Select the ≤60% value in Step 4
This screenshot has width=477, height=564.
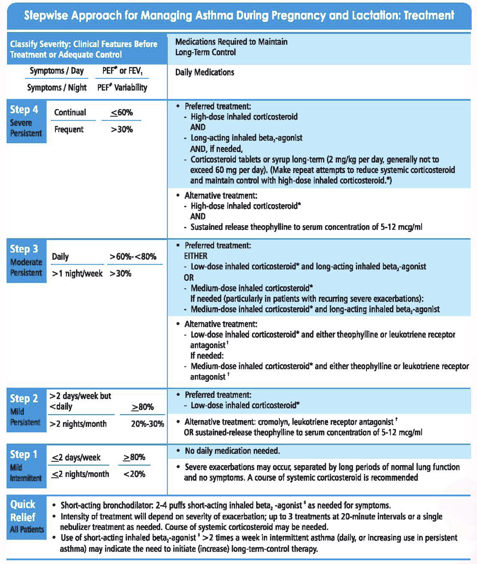click(x=121, y=113)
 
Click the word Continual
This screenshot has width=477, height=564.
click(x=70, y=113)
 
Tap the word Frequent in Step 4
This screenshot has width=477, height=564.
click(x=69, y=129)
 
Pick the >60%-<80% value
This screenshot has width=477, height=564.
click(x=133, y=257)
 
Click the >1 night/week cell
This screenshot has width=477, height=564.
click(x=77, y=274)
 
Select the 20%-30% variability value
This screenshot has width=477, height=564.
click(x=147, y=424)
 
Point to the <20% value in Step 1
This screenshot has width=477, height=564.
click(x=134, y=474)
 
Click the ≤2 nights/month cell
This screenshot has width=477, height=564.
click(x=80, y=474)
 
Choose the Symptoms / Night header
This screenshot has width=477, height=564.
click(x=57, y=88)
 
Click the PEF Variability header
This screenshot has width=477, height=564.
click(x=122, y=88)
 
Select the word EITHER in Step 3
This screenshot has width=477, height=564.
click(x=196, y=256)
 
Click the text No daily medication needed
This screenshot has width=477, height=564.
click(x=232, y=451)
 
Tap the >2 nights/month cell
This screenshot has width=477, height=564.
click(x=78, y=424)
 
